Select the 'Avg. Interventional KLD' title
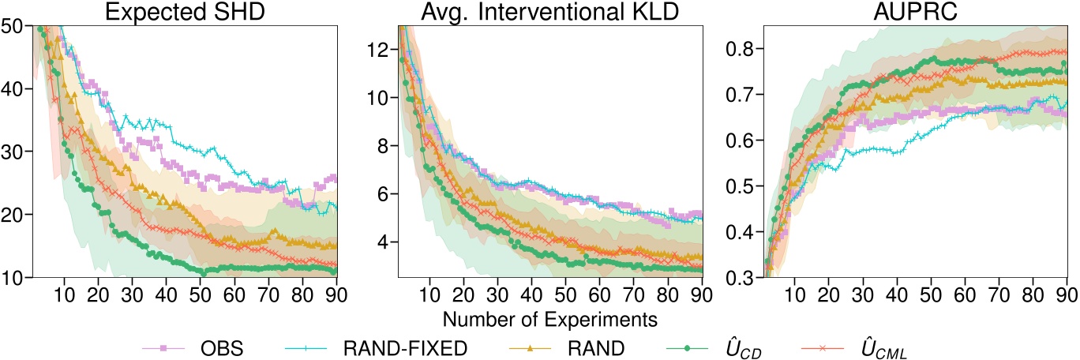[541, 11]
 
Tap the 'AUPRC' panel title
[896, 11]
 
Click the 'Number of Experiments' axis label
[541, 320]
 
